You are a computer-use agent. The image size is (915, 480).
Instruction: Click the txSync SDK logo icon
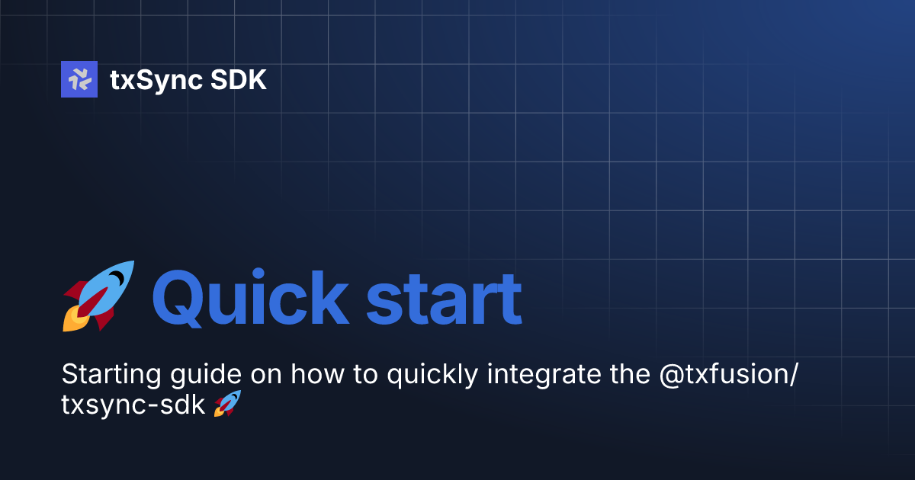(79, 79)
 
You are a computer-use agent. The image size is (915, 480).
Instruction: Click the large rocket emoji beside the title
(98, 296)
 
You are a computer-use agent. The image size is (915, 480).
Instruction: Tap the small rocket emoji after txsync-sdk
(226, 404)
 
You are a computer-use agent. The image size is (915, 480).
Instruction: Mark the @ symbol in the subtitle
(666, 376)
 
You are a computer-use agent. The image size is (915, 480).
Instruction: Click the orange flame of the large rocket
(72, 320)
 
